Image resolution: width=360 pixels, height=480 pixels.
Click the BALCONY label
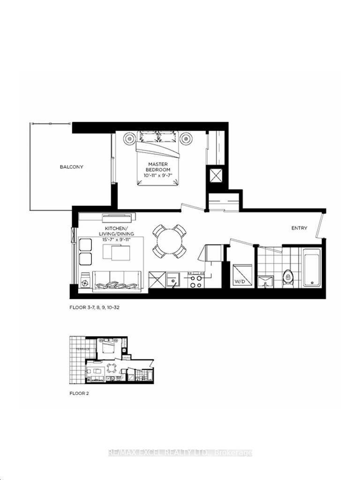click(71, 167)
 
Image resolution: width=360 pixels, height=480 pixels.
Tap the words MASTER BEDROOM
click(157, 166)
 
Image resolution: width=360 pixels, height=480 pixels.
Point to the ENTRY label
click(300, 228)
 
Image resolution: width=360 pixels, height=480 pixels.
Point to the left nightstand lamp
click(129, 139)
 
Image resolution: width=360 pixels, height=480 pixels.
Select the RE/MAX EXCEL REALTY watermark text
click(180, 453)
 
